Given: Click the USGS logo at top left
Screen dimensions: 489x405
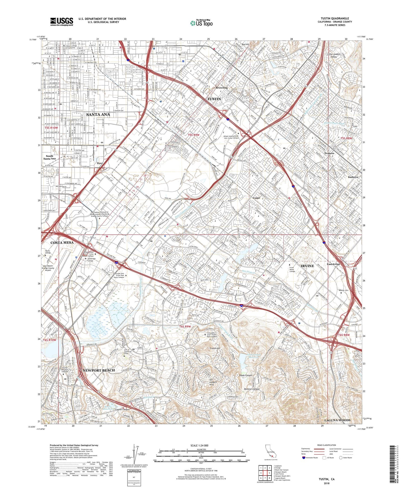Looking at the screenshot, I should click(x=62, y=22).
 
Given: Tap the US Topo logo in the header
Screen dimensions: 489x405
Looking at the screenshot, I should click(x=201, y=23).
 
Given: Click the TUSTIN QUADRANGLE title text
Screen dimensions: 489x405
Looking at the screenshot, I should click(x=335, y=18).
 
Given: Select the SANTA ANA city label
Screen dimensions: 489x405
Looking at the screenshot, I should click(x=98, y=115).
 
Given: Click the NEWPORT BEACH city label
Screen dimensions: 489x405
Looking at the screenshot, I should click(x=99, y=370).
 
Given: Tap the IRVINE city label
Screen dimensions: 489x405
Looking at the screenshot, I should click(x=307, y=266).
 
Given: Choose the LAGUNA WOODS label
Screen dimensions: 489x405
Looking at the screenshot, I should click(x=337, y=420).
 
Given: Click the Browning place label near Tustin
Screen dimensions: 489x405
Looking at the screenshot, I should click(x=221, y=88).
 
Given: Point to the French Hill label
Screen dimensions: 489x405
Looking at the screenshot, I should click(x=215, y=348).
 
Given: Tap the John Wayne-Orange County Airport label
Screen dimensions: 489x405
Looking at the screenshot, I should click(x=48, y=268).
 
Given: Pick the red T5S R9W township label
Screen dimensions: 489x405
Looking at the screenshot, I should click(x=193, y=135).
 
